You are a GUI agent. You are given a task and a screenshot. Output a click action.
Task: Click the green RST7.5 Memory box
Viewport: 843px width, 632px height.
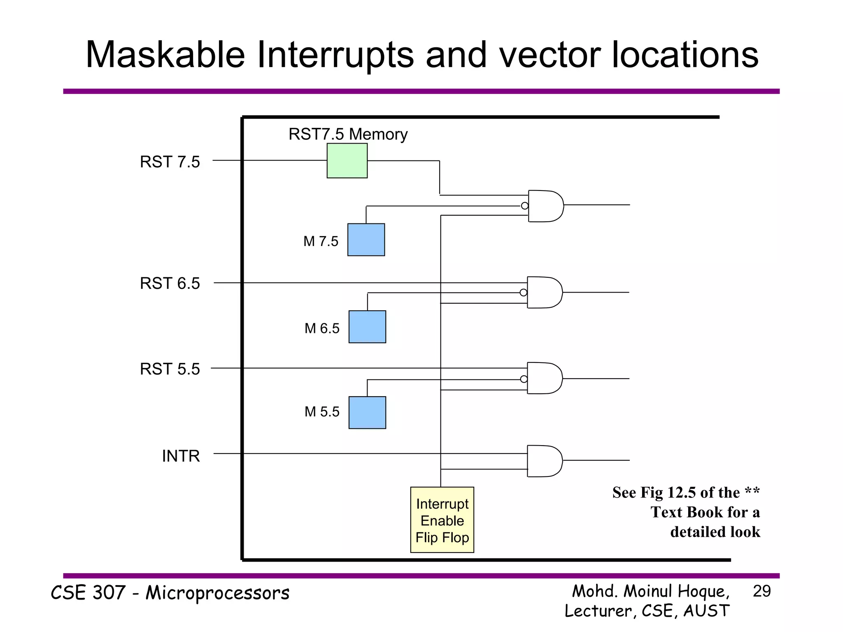pyautogui.click(x=347, y=160)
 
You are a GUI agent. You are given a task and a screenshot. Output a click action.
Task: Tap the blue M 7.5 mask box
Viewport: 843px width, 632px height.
pyautogui.click(x=366, y=239)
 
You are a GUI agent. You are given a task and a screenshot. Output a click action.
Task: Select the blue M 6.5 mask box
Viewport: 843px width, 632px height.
pyautogui.click(x=367, y=327)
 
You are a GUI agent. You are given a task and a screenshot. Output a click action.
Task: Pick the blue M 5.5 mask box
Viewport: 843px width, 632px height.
pyautogui.click(x=367, y=412)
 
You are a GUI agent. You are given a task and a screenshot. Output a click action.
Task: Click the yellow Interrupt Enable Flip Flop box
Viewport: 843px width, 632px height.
pyautogui.click(x=442, y=520)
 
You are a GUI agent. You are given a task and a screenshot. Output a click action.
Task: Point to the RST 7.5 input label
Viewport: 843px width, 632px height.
pyautogui.click(x=170, y=162)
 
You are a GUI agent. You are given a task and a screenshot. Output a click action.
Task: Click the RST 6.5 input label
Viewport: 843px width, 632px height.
pyautogui.click(x=170, y=283)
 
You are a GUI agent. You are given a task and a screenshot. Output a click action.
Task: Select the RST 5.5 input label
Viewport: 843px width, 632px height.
pyautogui.click(x=170, y=369)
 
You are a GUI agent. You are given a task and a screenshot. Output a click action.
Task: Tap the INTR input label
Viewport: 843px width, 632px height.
pyautogui.click(x=181, y=456)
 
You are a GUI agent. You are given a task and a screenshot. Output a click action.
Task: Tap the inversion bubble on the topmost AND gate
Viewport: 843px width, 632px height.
pyautogui.click(x=524, y=206)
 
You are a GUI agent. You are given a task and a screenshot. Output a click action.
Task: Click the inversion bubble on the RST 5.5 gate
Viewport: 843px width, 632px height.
pyautogui.click(x=524, y=379)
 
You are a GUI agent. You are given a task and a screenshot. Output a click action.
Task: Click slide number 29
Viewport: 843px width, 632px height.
pyautogui.click(x=761, y=591)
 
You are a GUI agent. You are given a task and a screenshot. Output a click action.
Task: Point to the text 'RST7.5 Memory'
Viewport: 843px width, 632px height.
pyautogui.click(x=348, y=134)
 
